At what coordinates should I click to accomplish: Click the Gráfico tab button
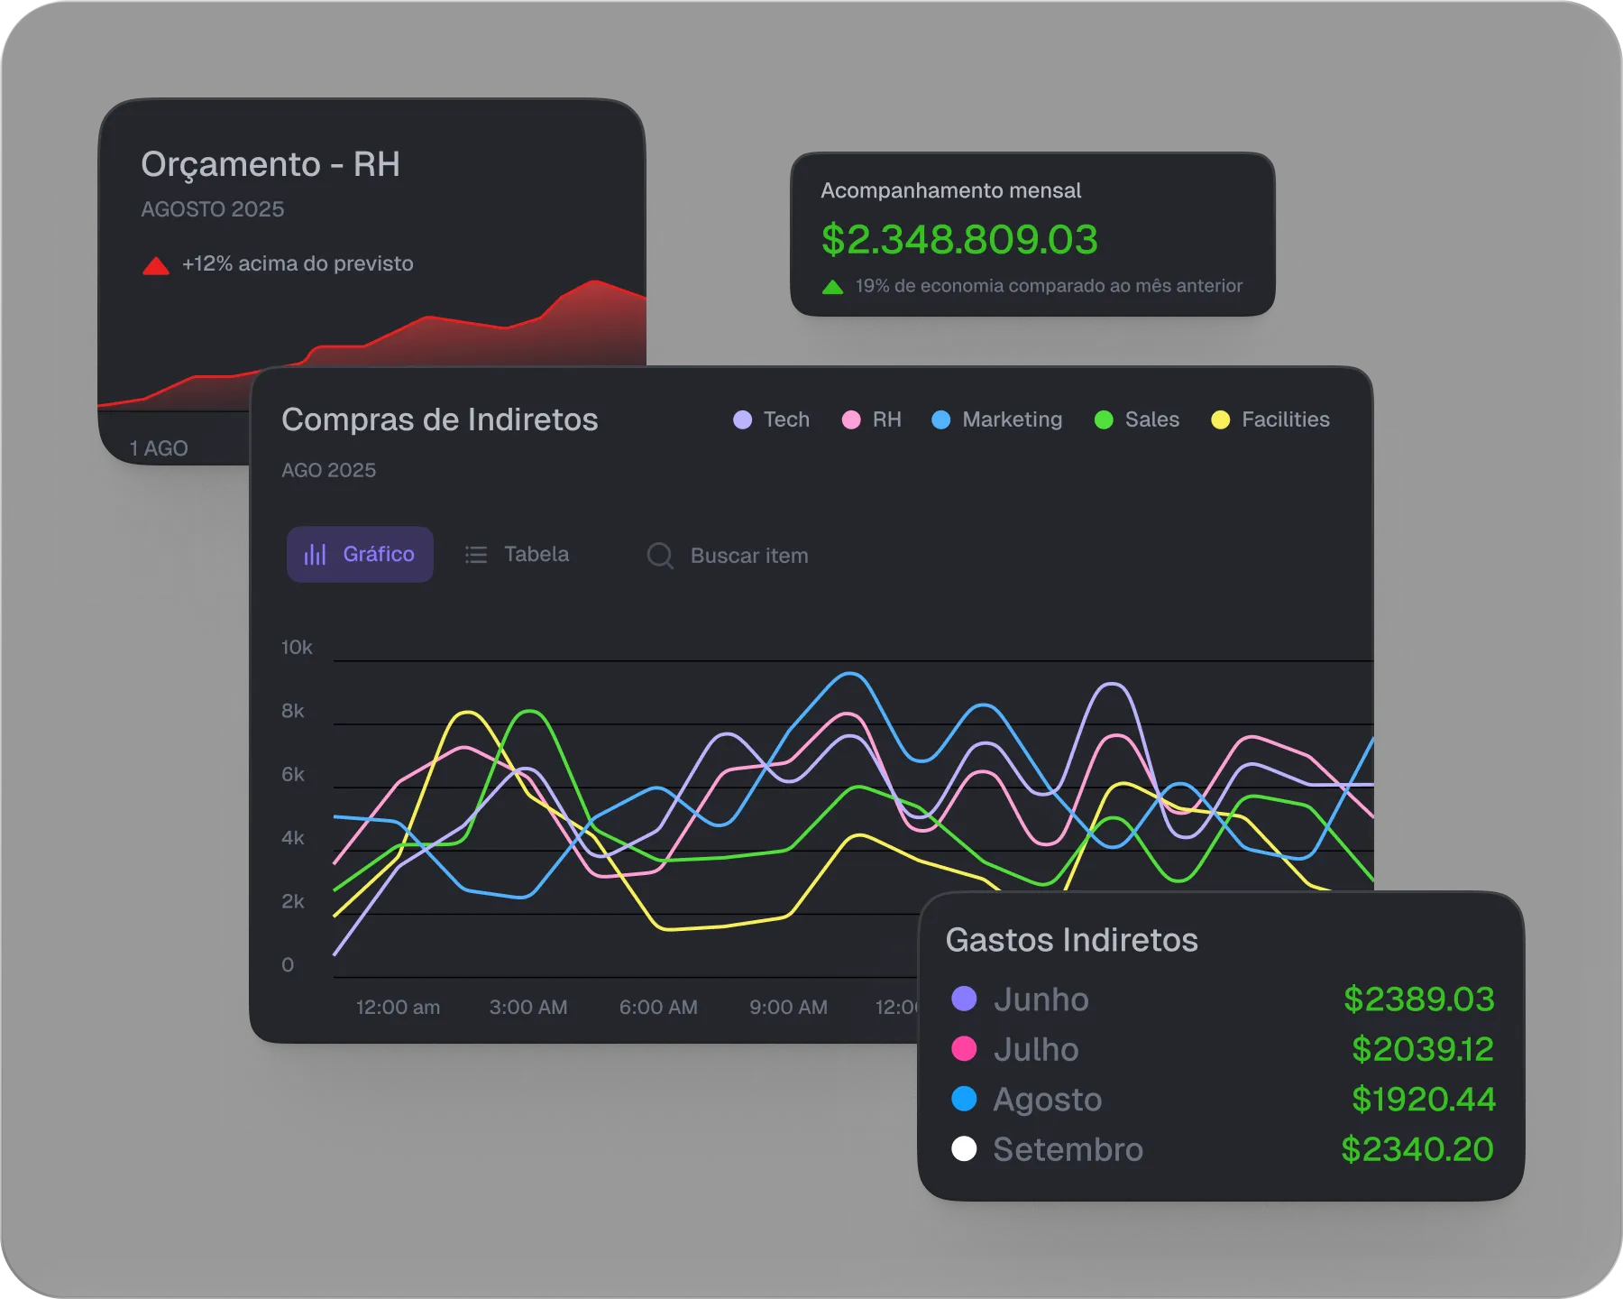click(360, 554)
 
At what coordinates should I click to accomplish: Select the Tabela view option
click(518, 554)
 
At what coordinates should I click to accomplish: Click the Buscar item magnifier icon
click(660, 556)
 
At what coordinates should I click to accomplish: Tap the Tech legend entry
click(772, 419)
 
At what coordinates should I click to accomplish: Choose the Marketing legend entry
click(997, 419)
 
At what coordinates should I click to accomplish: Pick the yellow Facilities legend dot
click(1220, 419)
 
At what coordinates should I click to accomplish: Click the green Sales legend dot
click(1104, 419)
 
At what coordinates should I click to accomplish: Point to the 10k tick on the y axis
click(297, 648)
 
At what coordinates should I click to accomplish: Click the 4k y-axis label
click(293, 838)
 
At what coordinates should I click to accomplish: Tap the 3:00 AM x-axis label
click(528, 1007)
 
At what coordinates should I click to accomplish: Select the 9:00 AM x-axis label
click(788, 1007)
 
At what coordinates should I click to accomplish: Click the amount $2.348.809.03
click(959, 239)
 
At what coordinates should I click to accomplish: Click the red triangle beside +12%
click(156, 265)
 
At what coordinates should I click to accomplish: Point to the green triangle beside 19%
click(833, 287)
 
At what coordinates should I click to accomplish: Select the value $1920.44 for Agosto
click(1423, 1099)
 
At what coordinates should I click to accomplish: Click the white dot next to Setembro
click(964, 1149)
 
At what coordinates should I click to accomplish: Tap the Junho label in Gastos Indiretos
click(1041, 1000)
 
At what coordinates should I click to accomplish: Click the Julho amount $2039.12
click(1422, 1049)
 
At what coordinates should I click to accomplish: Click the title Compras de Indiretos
click(439, 419)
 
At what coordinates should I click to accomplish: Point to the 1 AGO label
click(159, 448)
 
